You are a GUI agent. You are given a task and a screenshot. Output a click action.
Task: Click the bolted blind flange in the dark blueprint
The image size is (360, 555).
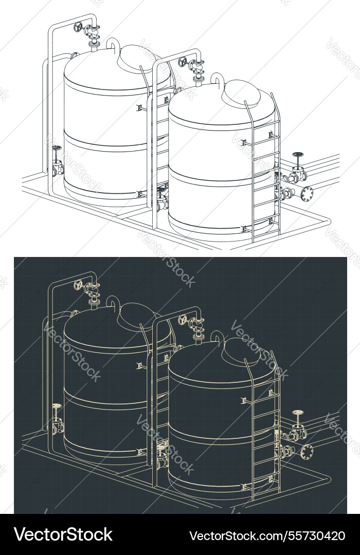[307, 452]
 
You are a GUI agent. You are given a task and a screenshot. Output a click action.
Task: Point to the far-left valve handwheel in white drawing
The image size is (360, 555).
[57, 149]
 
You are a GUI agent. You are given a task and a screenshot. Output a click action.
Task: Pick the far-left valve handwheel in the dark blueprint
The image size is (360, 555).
[57, 406]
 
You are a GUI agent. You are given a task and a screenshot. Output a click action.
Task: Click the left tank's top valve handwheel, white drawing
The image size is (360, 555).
[79, 26]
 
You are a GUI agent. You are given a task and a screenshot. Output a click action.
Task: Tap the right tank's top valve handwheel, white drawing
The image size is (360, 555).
[183, 62]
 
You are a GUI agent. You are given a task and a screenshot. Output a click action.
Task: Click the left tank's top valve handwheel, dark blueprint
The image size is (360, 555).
[79, 284]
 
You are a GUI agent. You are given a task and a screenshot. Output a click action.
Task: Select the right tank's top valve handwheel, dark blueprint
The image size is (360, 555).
[183, 320]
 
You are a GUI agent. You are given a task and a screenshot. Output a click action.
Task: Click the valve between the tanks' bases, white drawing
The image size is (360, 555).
[162, 200]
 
